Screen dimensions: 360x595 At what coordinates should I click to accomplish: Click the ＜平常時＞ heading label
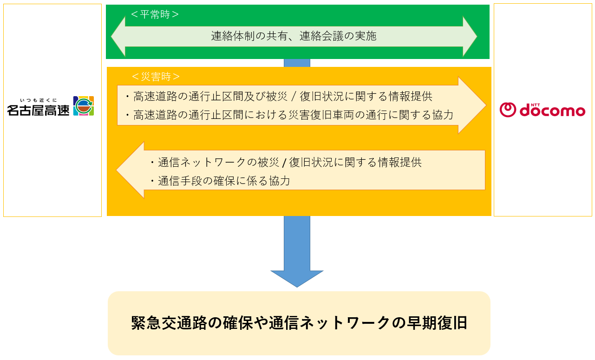[155, 14]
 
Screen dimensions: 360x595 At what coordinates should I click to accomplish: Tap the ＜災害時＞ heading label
[156, 76]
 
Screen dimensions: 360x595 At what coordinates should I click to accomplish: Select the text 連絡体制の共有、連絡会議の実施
[294, 36]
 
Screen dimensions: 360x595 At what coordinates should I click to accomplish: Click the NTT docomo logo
[543, 110]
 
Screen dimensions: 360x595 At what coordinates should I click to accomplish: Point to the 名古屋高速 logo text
[38, 110]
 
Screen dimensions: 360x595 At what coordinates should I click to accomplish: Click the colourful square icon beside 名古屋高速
[84, 106]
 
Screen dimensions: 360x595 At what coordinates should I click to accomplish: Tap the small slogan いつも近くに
[38, 100]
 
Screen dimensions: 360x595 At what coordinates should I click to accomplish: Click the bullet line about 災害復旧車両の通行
[289, 115]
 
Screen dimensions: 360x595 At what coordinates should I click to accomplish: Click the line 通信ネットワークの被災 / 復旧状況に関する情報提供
[285, 163]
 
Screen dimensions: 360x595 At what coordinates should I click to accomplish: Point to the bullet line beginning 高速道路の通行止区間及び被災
[279, 97]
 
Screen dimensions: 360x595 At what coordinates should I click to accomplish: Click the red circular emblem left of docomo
[508, 110]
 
